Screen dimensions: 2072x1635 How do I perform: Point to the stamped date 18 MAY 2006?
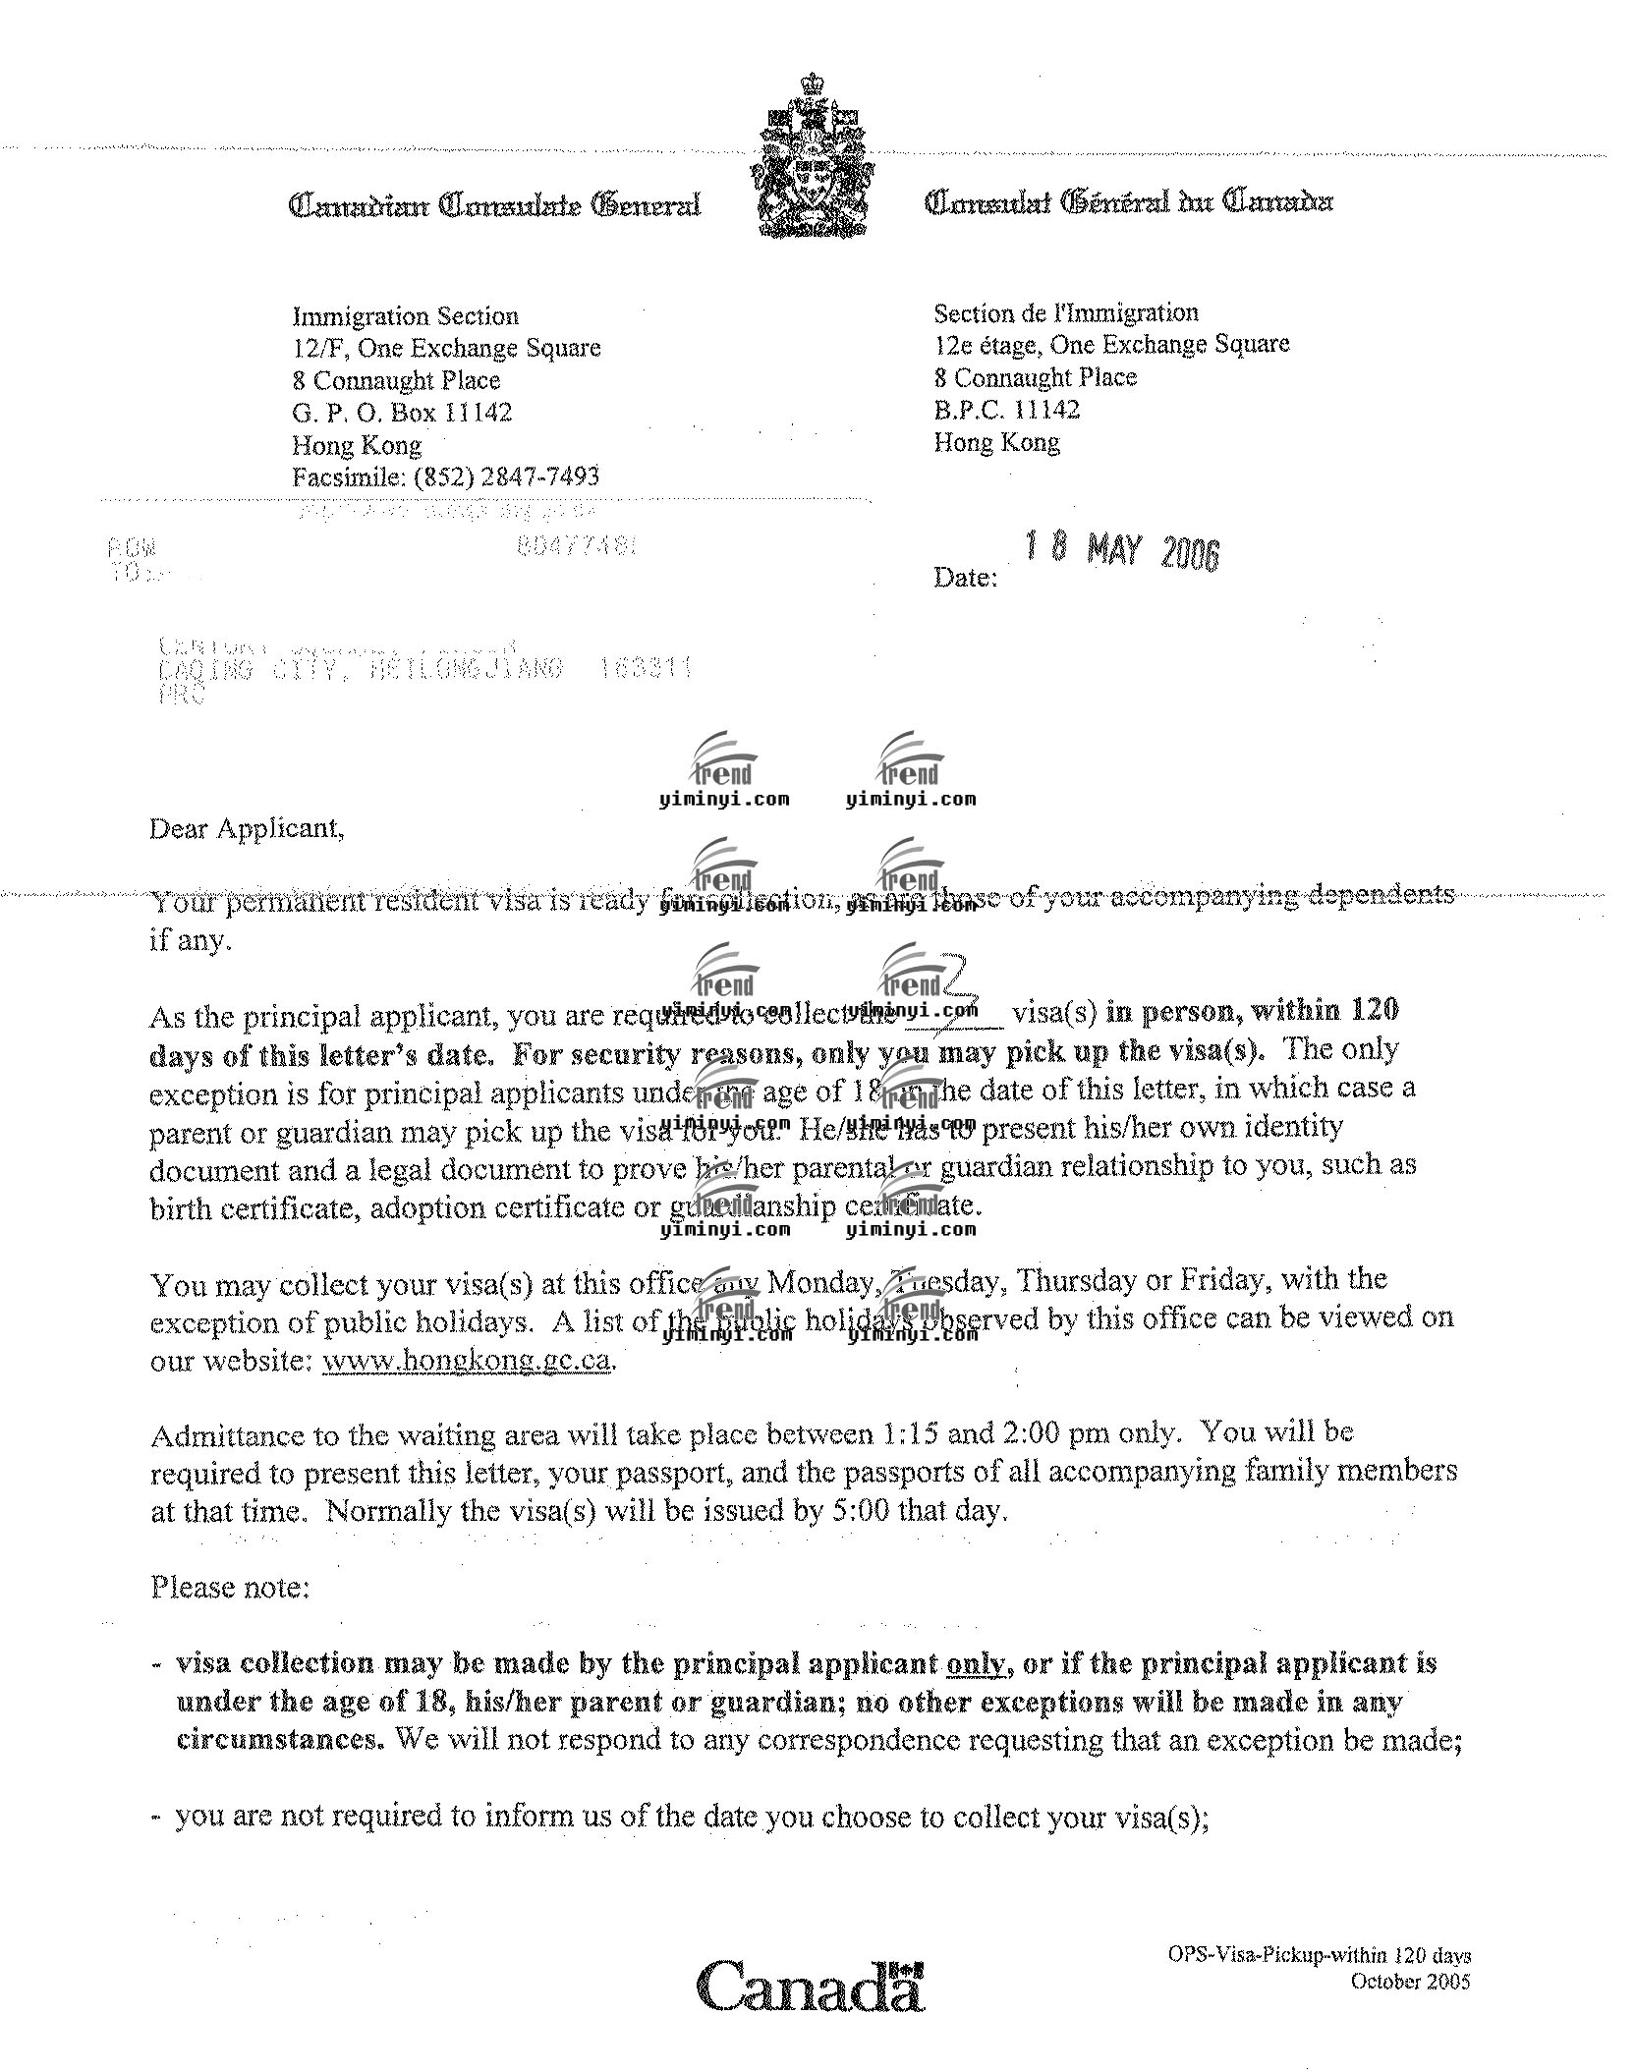pyautogui.click(x=1120, y=550)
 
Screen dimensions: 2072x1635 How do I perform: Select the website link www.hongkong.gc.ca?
pyautogui.click(x=467, y=1362)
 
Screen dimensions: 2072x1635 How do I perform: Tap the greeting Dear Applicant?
pyautogui.click(x=247, y=829)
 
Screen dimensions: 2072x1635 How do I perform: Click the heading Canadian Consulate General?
pyautogui.click(x=494, y=205)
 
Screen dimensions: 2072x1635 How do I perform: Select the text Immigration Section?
pyautogui.click(x=405, y=316)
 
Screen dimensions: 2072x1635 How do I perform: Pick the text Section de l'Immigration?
pyautogui.click(x=1066, y=313)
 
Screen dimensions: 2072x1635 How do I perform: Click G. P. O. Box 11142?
pyautogui.click(x=402, y=413)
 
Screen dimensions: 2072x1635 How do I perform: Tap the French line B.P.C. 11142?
pyautogui.click(x=1006, y=410)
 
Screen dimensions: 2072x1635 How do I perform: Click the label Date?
pyautogui.click(x=965, y=578)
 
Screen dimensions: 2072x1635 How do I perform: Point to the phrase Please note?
pyautogui.click(x=230, y=1588)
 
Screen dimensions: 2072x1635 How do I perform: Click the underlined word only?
pyautogui.click(x=976, y=1664)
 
